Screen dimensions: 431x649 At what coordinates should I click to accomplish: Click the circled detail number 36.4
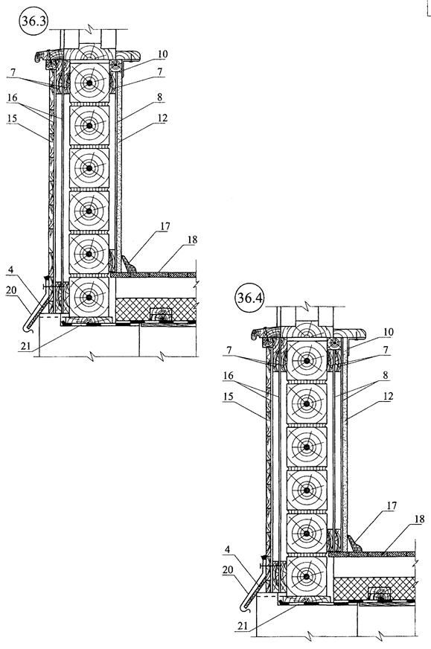(x=249, y=298)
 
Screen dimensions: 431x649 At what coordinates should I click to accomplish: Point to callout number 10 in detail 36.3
(x=162, y=54)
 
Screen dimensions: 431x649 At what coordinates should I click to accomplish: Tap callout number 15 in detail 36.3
(x=12, y=118)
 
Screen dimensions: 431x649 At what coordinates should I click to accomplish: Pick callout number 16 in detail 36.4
(x=229, y=376)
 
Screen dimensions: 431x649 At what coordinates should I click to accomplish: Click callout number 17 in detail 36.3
(x=165, y=226)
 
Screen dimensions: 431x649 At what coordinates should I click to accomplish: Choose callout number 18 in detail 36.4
(x=419, y=519)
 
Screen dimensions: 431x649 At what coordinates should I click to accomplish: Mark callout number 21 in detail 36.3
(x=25, y=346)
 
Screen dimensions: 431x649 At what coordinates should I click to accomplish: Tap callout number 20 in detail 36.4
(x=228, y=570)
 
